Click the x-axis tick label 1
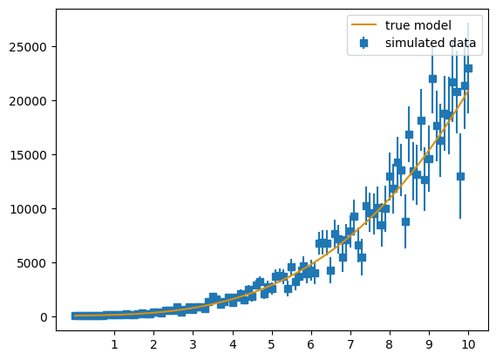click(114, 344)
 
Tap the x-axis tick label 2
click(153, 344)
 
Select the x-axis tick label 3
click(193, 344)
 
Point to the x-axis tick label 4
click(233, 344)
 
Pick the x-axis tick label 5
click(272, 344)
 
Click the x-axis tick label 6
click(311, 344)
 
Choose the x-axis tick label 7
click(350, 344)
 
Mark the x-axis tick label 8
click(390, 344)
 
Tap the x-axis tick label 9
click(429, 344)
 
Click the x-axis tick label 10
click(468, 344)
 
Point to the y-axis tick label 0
click(44, 317)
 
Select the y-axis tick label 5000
click(32, 263)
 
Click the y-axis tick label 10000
click(29, 209)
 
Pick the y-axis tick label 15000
click(29, 155)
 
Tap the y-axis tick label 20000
click(29, 101)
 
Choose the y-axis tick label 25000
click(29, 47)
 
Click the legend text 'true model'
click(418, 25)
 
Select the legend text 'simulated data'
click(431, 43)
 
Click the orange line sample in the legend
click(364, 24)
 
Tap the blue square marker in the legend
click(364, 43)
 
